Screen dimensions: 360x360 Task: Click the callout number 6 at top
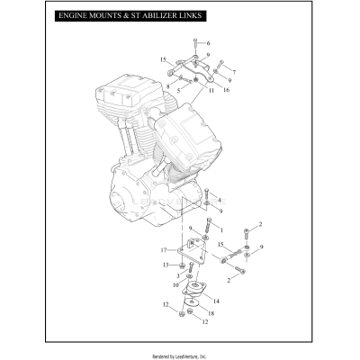(207, 43)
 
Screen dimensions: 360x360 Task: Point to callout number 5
(178, 91)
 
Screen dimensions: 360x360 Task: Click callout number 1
(220, 230)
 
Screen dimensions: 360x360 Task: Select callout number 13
(166, 265)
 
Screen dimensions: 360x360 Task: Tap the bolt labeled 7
(220, 65)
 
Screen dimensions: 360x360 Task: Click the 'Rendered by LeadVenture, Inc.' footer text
(180, 355)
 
